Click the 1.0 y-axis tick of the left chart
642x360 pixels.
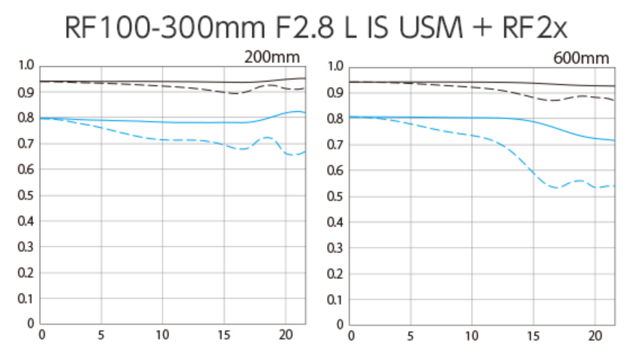pos(25,66)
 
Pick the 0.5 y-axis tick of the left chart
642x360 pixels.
pos(25,195)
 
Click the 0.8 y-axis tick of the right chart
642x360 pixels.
pos(335,118)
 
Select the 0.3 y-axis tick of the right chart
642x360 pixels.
pos(335,247)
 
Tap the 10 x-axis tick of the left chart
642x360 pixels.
pos(163,334)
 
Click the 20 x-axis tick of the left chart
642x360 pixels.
pos(285,334)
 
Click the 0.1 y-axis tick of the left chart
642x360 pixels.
pos(25,298)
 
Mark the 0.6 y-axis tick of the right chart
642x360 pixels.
pos(335,170)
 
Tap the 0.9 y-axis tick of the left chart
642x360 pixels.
pos(25,92)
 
